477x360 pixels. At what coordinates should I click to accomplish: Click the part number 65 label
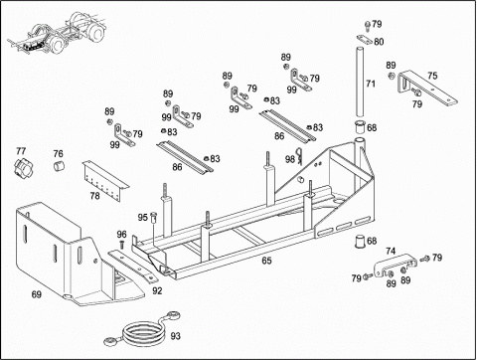tap(266, 261)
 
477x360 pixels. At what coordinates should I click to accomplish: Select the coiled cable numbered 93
tap(143, 331)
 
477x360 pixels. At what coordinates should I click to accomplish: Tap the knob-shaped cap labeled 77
tap(21, 167)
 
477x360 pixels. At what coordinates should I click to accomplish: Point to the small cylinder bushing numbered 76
tap(59, 165)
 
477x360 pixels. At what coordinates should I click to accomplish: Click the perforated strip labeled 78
tap(105, 180)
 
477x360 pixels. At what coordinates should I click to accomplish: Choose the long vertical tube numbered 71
tap(360, 82)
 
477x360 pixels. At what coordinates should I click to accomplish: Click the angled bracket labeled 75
tap(427, 87)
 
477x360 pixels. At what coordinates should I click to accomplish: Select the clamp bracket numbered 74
tap(396, 265)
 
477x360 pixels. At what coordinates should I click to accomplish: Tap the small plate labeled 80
tap(364, 39)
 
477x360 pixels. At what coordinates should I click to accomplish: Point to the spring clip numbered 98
tap(300, 156)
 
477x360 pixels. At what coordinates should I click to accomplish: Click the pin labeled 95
tap(153, 218)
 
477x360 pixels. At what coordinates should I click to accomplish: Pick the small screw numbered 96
tap(122, 245)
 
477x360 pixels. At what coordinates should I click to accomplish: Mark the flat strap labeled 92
tap(132, 266)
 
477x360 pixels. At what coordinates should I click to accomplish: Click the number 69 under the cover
tap(37, 294)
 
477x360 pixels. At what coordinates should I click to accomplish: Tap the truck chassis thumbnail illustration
tap(56, 33)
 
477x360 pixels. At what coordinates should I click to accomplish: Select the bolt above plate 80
tap(367, 25)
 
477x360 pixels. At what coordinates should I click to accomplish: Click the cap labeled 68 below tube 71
tap(360, 127)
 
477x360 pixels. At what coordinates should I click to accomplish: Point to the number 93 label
tap(175, 336)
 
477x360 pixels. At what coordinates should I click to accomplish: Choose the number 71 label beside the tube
tap(371, 84)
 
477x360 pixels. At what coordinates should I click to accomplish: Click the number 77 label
tap(21, 151)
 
